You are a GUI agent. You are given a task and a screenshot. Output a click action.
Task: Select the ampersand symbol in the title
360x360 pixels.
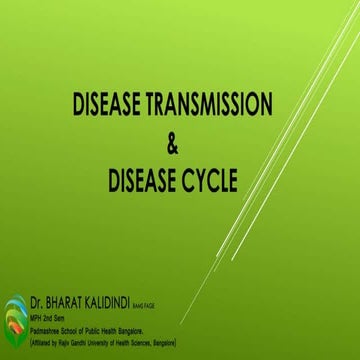(x=173, y=146)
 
